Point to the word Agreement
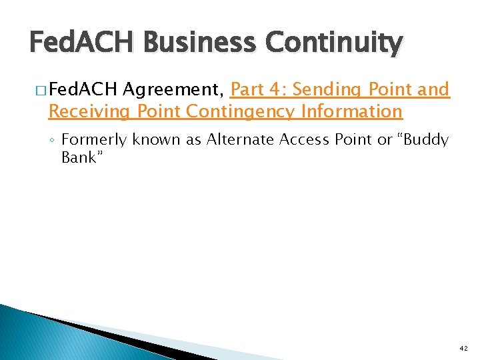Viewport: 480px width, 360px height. pos(174,89)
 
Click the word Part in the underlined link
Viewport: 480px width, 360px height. pos(247,89)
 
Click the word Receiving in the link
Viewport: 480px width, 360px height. pos(91,111)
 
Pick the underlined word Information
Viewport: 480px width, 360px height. pos(352,111)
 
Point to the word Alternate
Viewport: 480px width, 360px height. pos(238,140)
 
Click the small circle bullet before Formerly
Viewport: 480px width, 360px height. pos(52,141)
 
